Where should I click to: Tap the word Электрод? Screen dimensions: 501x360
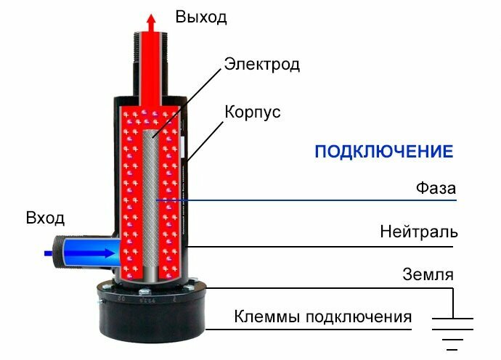(261, 64)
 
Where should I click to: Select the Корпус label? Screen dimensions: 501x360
(252, 113)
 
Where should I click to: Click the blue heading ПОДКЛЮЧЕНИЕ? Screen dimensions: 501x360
(383, 152)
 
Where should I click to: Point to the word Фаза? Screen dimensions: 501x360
(436, 187)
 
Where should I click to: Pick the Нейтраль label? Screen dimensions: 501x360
(419, 232)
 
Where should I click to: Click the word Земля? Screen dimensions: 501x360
(428, 274)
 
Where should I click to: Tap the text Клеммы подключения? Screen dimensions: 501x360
(322, 317)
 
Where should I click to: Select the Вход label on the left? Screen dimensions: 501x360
(45, 218)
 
